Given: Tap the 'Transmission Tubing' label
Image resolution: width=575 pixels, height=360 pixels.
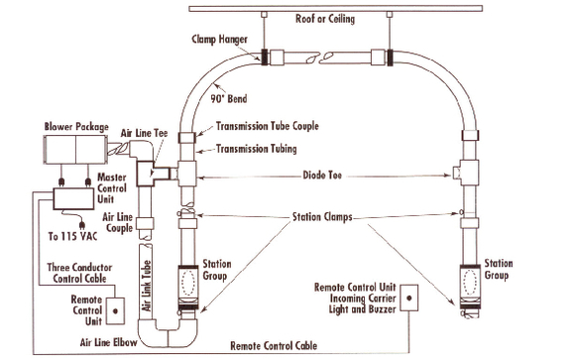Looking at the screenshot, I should [259, 150].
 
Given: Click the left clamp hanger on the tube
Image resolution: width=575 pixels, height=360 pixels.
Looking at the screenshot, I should [267, 57].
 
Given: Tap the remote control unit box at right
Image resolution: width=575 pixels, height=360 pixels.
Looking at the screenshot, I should [413, 298].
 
